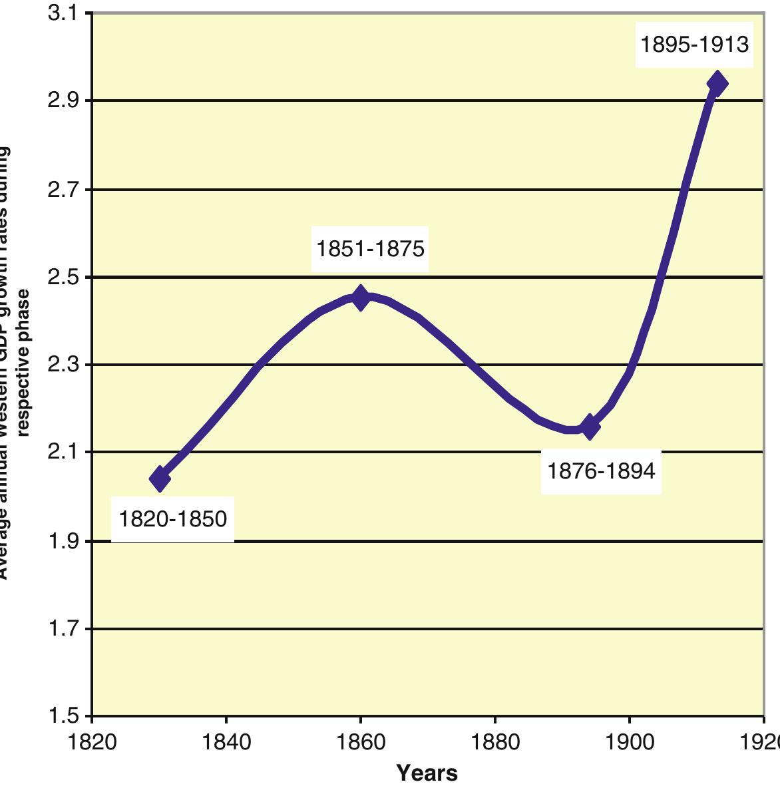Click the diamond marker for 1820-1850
pyautogui.click(x=160, y=478)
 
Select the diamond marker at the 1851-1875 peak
pyautogui.click(x=361, y=298)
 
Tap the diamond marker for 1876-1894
pyautogui.click(x=589, y=426)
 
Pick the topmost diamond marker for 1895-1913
pyautogui.click(x=717, y=83)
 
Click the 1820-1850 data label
pyautogui.click(x=173, y=518)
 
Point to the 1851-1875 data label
pyautogui.click(x=370, y=249)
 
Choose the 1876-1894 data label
pyautogui.click(x=601, y=471)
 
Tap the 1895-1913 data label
pyautogui.click(x=695, y=45)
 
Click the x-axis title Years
pyautogui.click(x=427, y=773)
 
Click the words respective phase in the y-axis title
pyautogui.click(x=25, y=363)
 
